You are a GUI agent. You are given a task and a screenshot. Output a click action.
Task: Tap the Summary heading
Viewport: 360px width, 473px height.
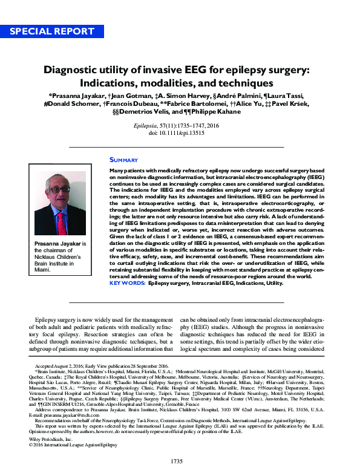click(123, 160)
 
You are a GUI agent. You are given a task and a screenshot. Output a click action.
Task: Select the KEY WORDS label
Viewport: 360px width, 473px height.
click(127, 282)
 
